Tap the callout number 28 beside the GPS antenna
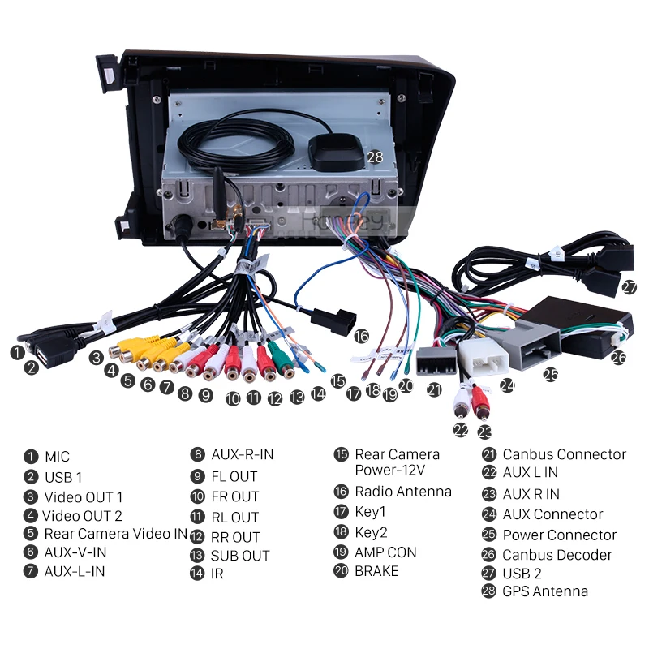(374, 157)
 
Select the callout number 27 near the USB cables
(630, 286)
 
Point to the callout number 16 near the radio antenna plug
(361, 336)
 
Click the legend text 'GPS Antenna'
(545, 591)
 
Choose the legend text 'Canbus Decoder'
(557, 555)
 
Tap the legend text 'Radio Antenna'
(403, 491)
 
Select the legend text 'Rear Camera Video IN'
(116, 534)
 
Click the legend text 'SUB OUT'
(240, 556)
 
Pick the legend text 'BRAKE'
(376, 571)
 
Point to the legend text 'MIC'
(57, 457)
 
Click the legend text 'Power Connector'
(559, 535)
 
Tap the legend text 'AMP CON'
(385, 552)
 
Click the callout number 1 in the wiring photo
(16, 352)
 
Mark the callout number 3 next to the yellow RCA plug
(97, 356)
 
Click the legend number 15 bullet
(341, 455)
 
